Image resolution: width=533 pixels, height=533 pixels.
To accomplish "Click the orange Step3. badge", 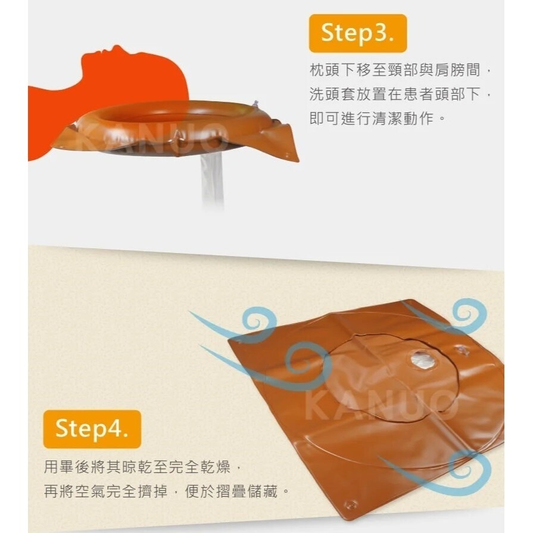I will pos(357,33).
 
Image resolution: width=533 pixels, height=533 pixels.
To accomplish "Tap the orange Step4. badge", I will pos(92,428).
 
